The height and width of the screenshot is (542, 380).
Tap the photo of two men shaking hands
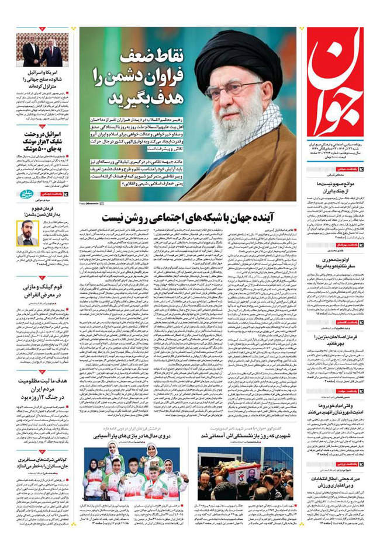tap(42, 50)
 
